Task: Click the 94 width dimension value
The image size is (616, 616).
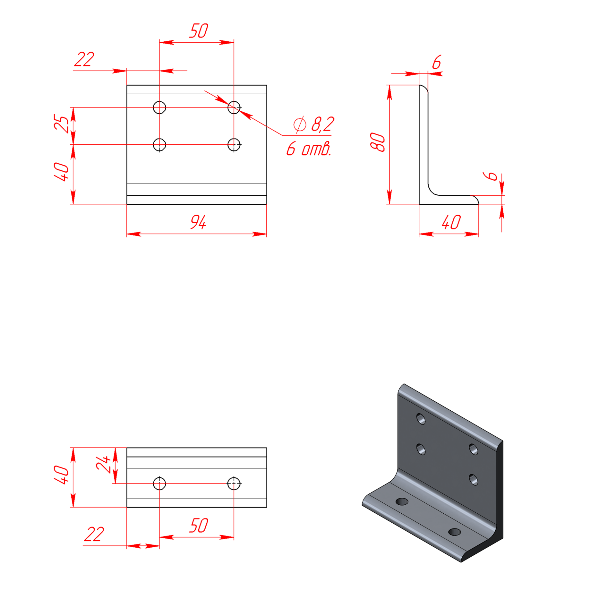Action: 198,222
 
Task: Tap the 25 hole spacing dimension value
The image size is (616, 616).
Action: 61,123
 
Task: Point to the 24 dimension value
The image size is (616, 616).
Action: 103,464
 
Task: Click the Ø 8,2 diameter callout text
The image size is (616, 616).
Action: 314,124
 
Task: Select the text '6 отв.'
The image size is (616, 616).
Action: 308,149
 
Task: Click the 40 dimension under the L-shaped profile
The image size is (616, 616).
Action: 451,222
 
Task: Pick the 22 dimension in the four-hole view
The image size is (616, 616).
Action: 84,59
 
